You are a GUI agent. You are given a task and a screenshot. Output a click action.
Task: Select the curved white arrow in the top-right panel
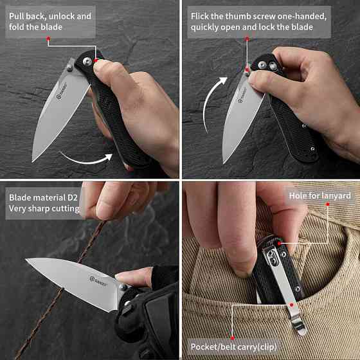[212, 101]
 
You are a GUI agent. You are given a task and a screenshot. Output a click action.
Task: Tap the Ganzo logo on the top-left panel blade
[61, 91]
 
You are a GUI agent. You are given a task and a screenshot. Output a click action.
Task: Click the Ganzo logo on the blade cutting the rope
[98, 282]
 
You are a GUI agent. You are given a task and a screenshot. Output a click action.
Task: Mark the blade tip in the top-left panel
[33, 161]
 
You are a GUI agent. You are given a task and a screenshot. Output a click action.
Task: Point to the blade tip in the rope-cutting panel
[26, 259]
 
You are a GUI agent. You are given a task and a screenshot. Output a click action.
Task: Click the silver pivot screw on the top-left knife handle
[87, 62]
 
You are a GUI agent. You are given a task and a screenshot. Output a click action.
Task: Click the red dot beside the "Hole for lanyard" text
[328, 204]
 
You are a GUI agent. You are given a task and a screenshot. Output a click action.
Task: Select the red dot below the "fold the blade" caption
[48, 39]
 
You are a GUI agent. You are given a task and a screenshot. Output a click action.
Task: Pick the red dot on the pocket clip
[292, 305]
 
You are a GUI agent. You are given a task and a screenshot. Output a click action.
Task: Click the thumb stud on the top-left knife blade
[69, 68]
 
